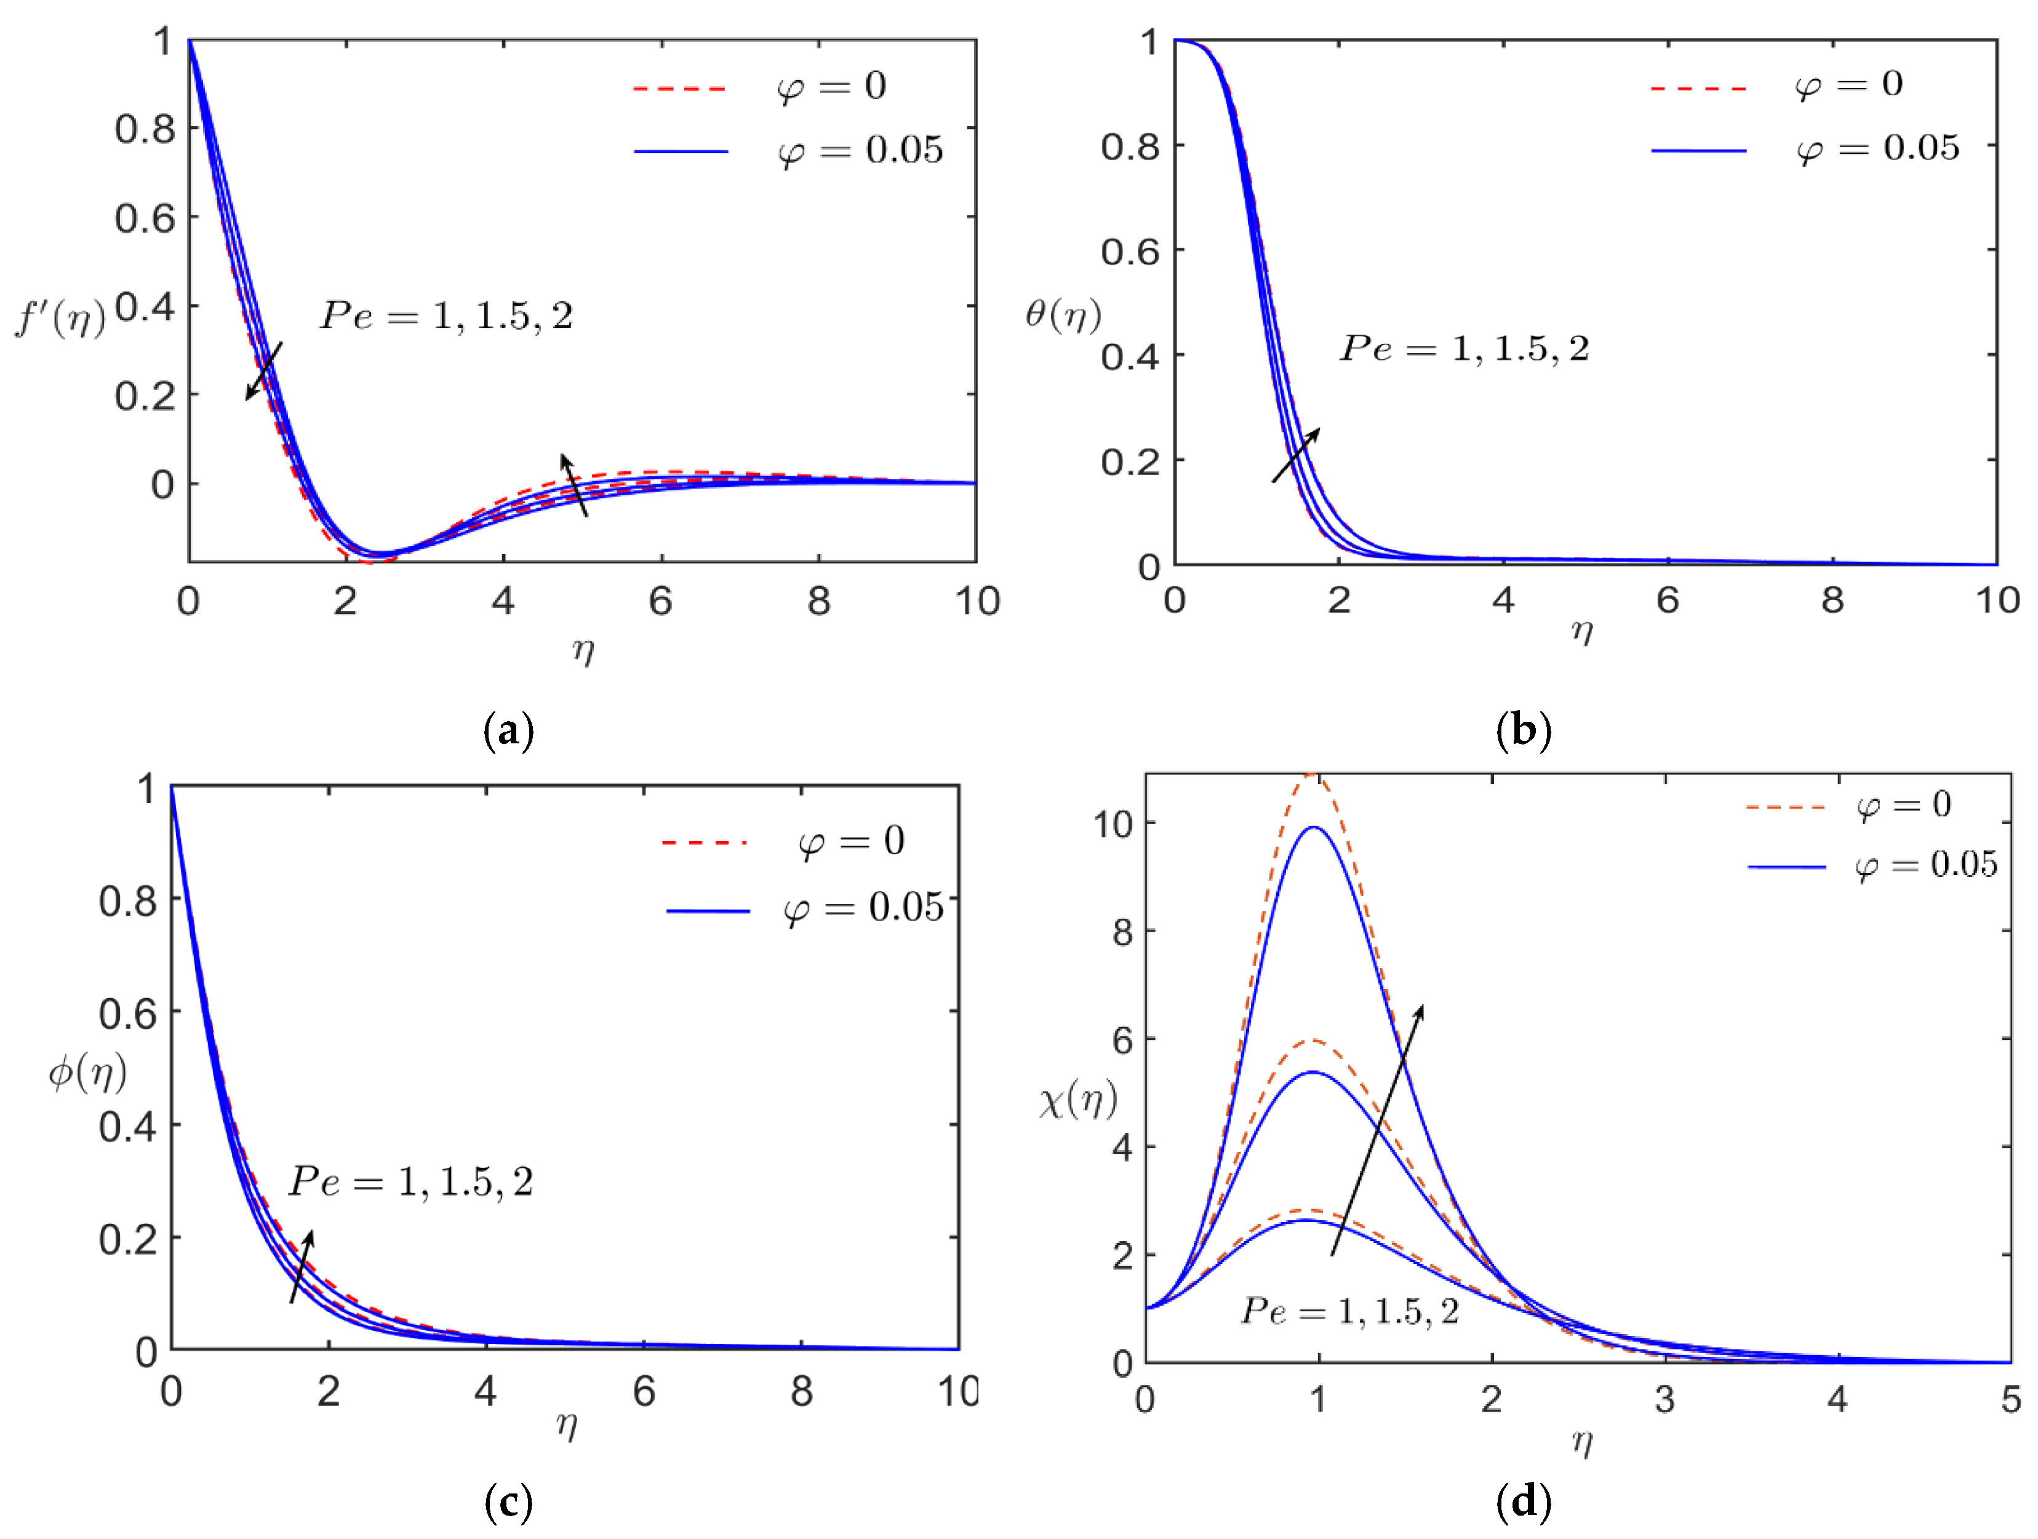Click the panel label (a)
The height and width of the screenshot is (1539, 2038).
[x=508, y=731]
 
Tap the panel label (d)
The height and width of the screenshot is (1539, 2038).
[x=1523, y=1501]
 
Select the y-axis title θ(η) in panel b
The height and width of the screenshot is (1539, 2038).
[x=1063, y=315]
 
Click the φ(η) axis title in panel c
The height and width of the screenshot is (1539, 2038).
[x=87, y=1072]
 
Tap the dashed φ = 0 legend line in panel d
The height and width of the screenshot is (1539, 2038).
[x=1786, y=807]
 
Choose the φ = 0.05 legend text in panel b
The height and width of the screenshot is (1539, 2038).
[x=1877, y=148]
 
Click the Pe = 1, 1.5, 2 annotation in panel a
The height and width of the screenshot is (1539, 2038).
[x=447, y=316]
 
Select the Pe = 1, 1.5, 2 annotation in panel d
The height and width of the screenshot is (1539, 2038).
[x=1351, y=1311]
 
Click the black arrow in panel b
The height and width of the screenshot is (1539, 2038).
[x=1295, y=455]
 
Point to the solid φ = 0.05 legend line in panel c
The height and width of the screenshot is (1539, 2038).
[x=708, y=911]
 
